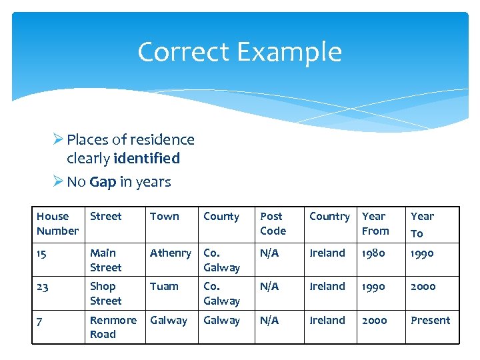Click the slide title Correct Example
(x=239, y=52)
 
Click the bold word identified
(x=147, y=159)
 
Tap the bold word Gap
(x=102, y=182)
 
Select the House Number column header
(x=57, y=224)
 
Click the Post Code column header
(x=273, y=224)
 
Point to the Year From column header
(x=375, y=224)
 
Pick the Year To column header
(x=422, y=225)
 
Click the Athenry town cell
(x=170, y=253)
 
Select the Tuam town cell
(x=164, y=287)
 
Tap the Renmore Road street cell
(x=113, y=327)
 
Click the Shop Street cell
(x=105, y=293)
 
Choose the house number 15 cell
(x=42, y=253)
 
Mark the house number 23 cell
(x=43, y=287)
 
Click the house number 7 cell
(x=40, y=321)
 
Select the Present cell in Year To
(x=430, y=321)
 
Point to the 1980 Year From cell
(x=374, y=253)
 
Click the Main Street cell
(x=105, y=260)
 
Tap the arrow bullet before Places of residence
(x=58, y=140)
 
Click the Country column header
(x=329, y=217)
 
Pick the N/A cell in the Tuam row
(x=269, y=287)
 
